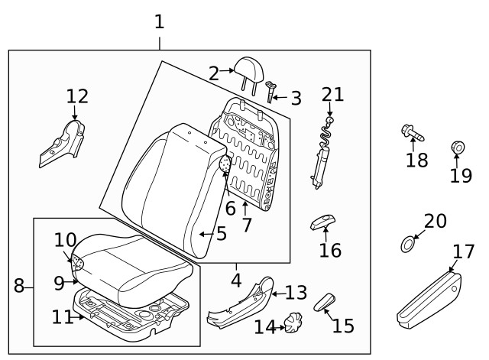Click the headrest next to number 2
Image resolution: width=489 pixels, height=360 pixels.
(x=250, y=70)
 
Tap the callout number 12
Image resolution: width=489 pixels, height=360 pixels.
(x=77, y=96)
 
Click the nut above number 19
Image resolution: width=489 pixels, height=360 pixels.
(x=457, y=148)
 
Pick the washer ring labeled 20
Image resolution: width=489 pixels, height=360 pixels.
(x=408, y=245)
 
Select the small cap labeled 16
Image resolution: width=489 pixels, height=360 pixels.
(x=322, y=223)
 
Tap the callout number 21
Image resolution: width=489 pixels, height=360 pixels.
(x=332, y=95)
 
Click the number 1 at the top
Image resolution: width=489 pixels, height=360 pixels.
(x=159, y=21)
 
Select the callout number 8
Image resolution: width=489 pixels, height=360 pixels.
(x=19, y=287)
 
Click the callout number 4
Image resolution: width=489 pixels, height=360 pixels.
(x=236, y=279)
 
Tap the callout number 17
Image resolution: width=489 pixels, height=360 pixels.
(x=463, y=251)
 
